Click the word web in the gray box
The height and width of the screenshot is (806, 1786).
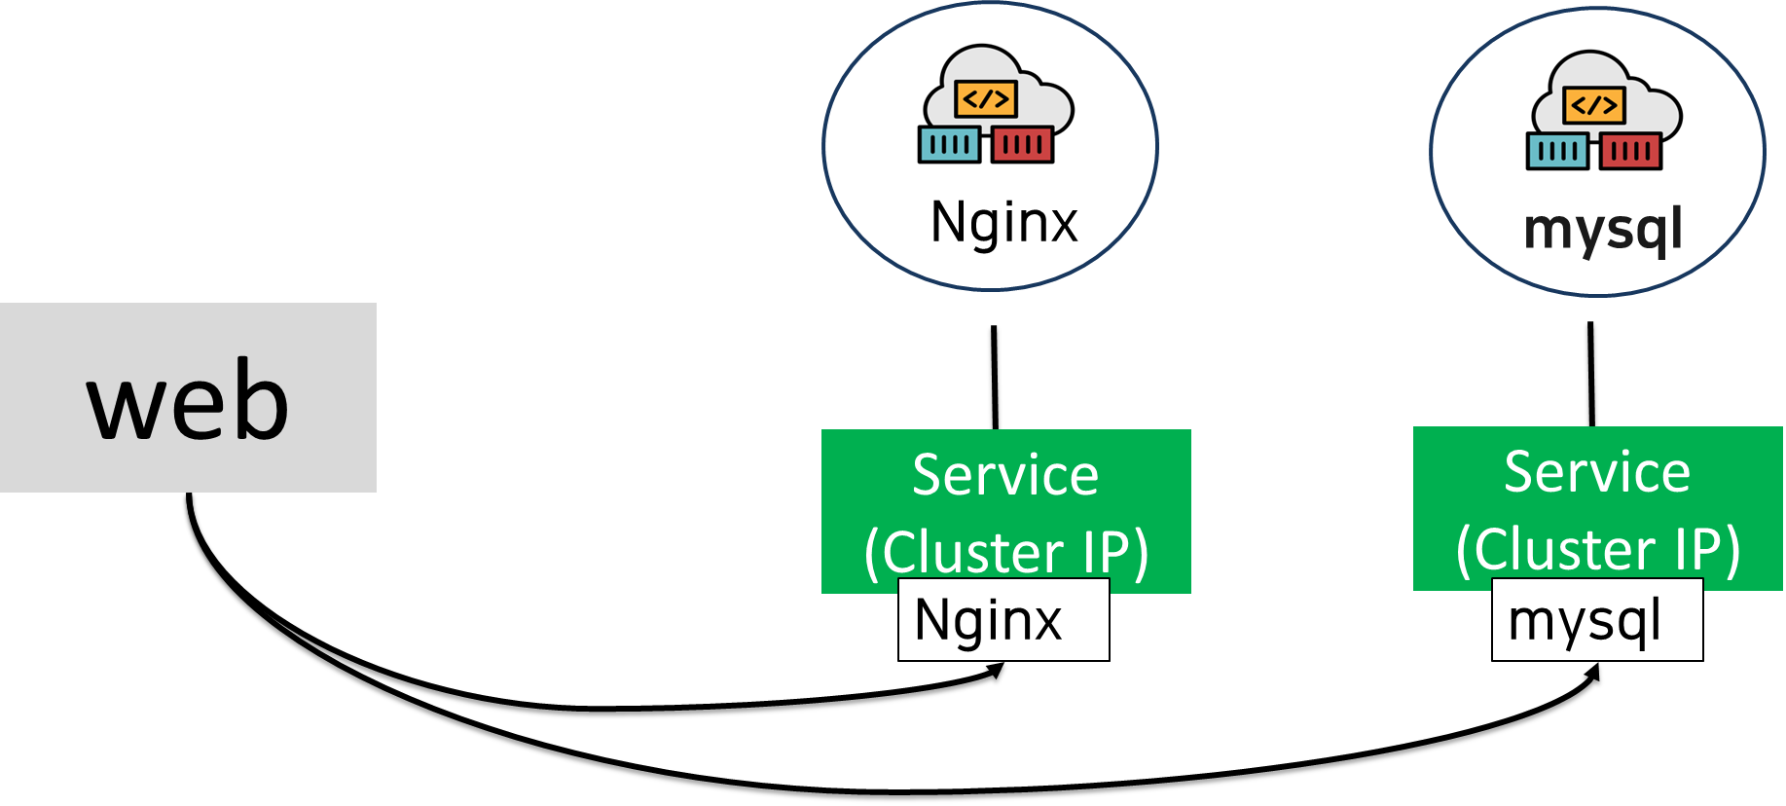(x=188, y=399)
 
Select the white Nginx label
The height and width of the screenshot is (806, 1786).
(x=1002, y=620)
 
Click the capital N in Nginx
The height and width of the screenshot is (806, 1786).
(x=932, y=620)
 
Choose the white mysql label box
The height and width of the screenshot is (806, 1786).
(x=1596, y=620)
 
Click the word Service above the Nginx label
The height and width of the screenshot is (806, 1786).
(x=1005, y=475)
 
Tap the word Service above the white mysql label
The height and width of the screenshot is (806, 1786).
(x=1597, y=472)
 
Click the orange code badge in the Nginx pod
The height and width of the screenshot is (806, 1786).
(x=986, y=98)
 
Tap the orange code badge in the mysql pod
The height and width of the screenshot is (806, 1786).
(x=1593, y=105)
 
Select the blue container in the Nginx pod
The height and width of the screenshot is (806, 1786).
(x=949, y=145)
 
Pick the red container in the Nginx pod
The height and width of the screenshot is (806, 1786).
(x=1022, y=145)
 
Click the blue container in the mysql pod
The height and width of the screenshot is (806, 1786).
(x=1557, y=151)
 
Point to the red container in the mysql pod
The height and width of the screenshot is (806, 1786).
(x=1630, y=151)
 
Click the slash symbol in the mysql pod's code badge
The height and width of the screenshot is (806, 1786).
(x=1593, y=105)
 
